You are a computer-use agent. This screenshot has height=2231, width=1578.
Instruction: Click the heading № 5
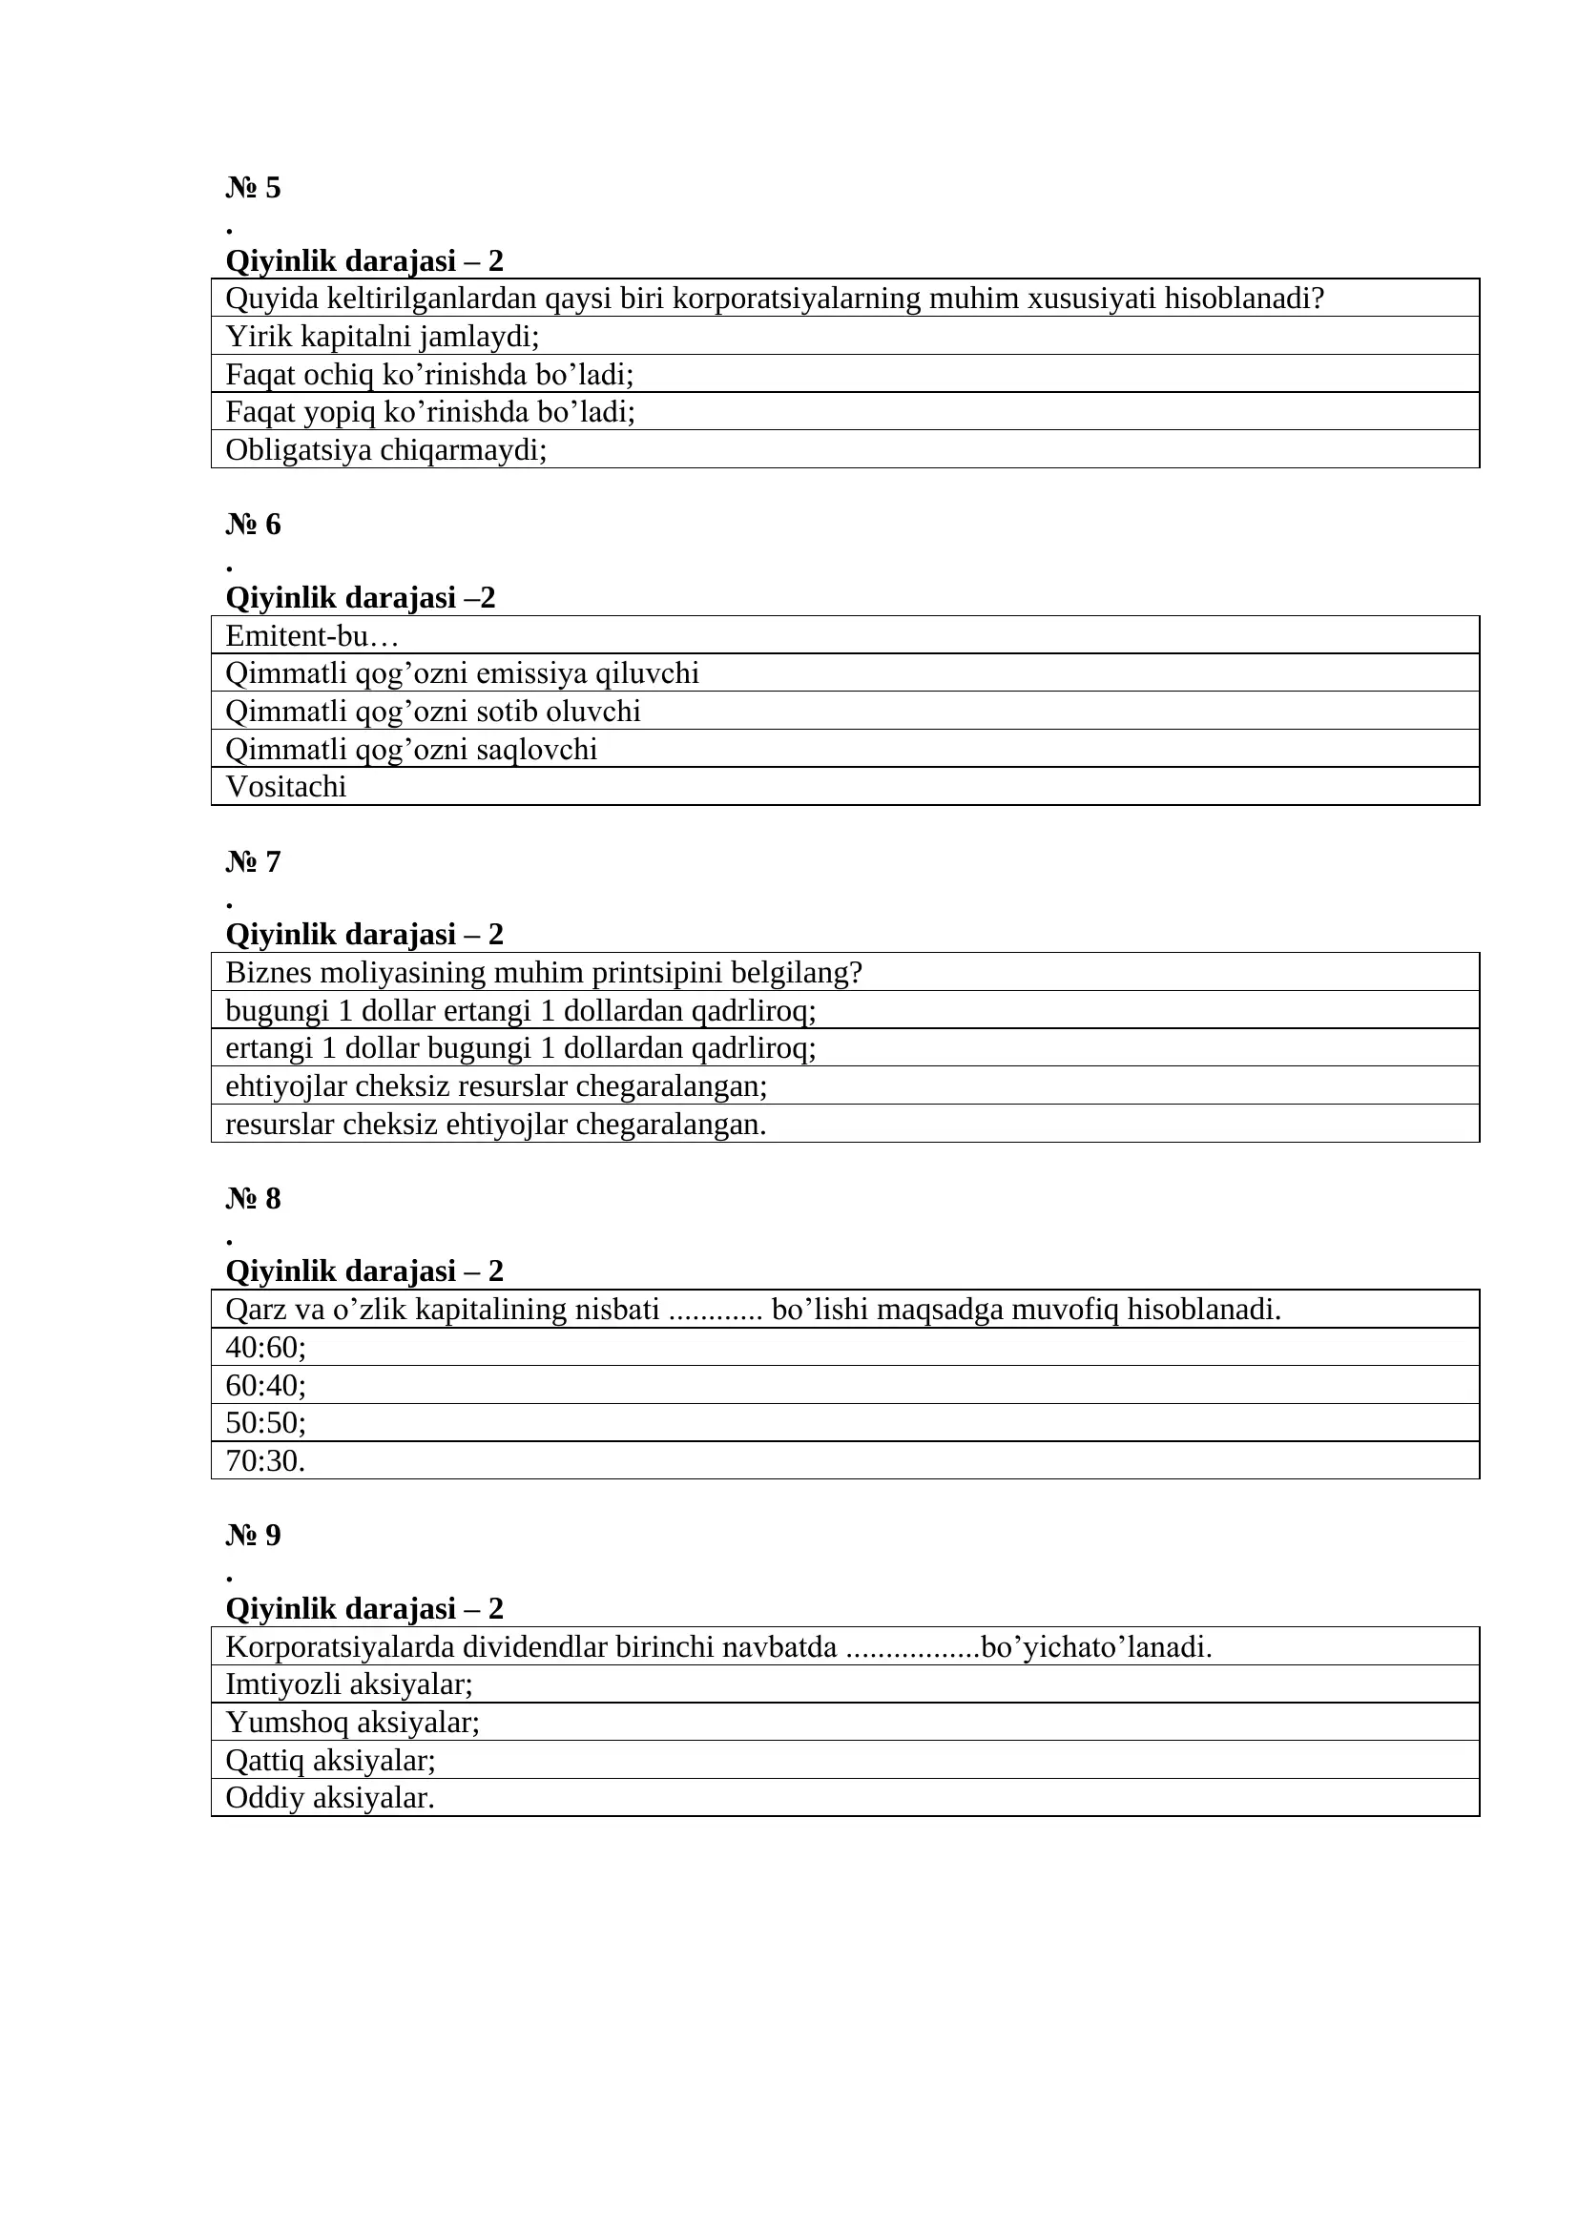point(253,188)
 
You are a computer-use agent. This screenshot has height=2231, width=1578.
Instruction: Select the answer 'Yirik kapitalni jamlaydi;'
point(382,336)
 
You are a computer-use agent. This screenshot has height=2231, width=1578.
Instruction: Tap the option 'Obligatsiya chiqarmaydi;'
point(385,450)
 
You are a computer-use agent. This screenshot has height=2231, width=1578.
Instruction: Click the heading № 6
point(253,525)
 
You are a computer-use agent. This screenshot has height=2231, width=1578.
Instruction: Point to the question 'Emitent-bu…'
point(312,635)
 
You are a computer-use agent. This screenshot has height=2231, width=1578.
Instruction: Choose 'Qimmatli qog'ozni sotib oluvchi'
point(432,712)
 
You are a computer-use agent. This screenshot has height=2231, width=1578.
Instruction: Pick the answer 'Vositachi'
point(285,786)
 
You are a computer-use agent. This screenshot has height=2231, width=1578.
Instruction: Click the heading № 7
point(253,862)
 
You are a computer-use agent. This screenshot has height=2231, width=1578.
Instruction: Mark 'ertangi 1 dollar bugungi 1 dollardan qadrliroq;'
point(520,1048)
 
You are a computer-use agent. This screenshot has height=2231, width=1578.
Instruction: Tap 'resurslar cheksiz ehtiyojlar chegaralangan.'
point(495,1125)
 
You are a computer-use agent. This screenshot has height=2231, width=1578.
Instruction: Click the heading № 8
point(253,1199)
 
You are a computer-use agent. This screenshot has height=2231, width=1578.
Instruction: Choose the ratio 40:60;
point(265,1348)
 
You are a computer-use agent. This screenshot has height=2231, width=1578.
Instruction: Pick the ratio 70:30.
point(265,1460)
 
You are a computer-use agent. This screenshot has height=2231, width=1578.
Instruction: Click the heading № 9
point(253,1536)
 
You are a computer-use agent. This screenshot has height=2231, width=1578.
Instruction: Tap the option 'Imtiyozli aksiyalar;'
point(349,1684)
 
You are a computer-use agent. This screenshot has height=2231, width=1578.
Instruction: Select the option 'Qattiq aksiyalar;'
point(330,1760)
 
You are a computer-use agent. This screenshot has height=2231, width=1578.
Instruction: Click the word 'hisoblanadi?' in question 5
point(1244,299)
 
